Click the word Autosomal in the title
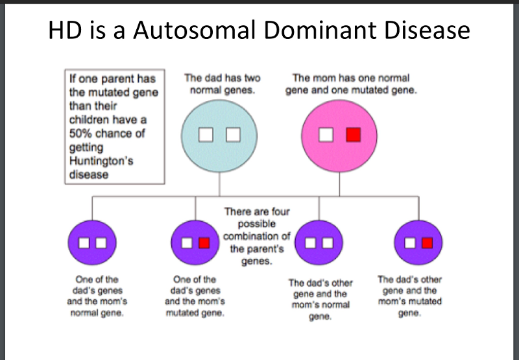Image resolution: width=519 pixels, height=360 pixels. click(x=177, y=30)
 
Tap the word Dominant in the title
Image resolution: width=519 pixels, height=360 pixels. click(x=305, y=30)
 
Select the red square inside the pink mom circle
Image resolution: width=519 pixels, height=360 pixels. click(x=353, y=135)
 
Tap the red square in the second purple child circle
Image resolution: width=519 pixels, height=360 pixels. click(x=204, y=243)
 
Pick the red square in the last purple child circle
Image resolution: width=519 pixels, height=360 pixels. click(x=426, y=243)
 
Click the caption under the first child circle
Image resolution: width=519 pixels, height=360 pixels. click(x=97, y=296)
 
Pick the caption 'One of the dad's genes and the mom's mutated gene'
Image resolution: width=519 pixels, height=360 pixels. click(x=195, y=296)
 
